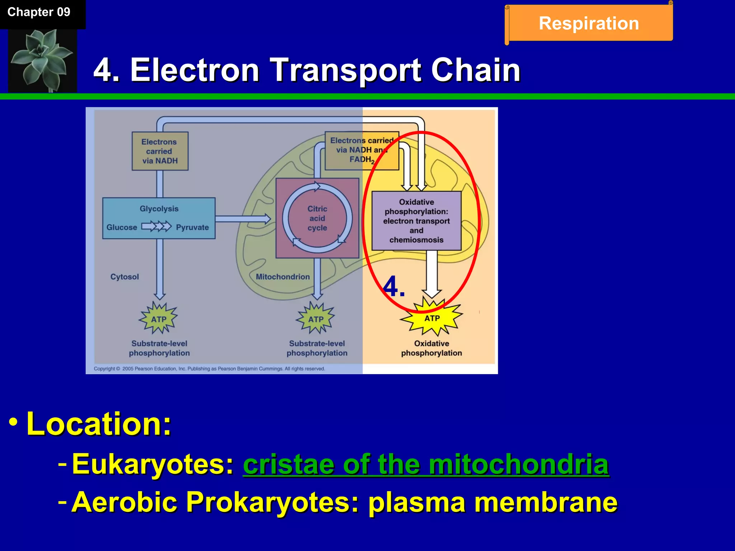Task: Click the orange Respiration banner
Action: pos(589,23)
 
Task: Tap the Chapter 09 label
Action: pos(39,12)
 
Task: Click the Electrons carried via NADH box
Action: pos(160,151)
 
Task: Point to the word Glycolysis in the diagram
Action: pos(159,209)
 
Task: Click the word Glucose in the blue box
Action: pos(122,227)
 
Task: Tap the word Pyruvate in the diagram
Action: pos(192,227)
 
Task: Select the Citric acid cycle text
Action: pos(317,218)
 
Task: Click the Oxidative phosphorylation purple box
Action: pos(416,221)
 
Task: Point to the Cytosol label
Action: pos(125,277)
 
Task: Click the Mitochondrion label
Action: pos(283,277)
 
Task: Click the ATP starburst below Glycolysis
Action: pos(159,319)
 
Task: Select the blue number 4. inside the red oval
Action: pos(394,287)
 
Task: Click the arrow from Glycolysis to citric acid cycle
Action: pos(243,219)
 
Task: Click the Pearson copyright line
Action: pos(209,369)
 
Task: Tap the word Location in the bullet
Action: pos(98,424)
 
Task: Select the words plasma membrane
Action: pos(492,502)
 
